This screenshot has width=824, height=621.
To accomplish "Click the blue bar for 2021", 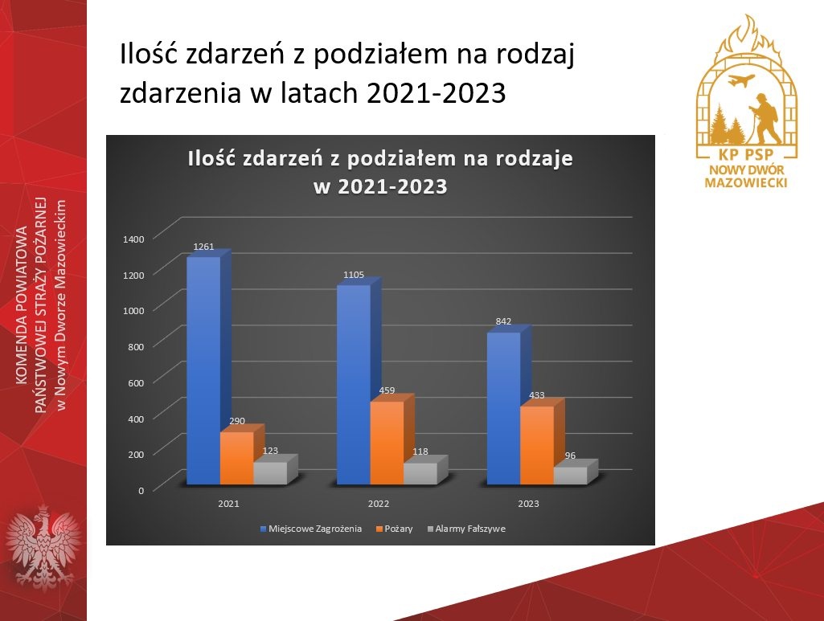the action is pos(204,370).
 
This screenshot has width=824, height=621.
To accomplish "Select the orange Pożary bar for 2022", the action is pos(387,443).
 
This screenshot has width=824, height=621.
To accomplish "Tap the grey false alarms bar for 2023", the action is pos(571,476).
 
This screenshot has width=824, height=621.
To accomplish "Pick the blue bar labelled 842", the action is pos(504,408).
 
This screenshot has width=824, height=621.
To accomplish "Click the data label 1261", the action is pos(203,246).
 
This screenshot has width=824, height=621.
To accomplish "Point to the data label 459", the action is pos(387,390).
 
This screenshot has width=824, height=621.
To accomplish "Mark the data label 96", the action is pos(570,456).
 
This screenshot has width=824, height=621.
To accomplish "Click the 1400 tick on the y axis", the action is pos(133,239).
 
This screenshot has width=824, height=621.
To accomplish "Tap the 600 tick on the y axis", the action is pos(136,382).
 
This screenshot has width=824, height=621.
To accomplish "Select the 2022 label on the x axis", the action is pos(379,504).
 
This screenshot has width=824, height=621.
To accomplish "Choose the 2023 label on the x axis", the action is pos(528,504).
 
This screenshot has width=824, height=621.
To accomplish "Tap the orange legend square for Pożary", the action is pos(379,529).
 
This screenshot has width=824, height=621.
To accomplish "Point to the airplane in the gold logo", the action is pos(742,81).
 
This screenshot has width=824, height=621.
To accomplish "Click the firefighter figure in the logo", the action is pos(765,119).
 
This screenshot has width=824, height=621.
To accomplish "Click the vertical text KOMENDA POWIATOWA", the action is pos(22,305).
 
